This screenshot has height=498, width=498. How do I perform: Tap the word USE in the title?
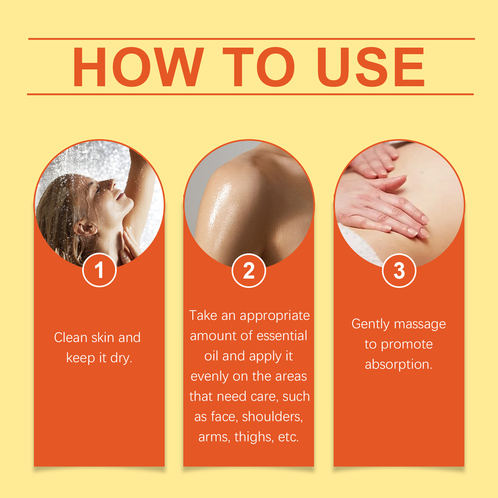pyautogui.click(x=371, y=67)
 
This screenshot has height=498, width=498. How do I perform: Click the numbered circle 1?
pyautogui.click(x=99, y=270)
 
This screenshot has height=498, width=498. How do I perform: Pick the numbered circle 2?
pyautogui.click(x=249, y=270)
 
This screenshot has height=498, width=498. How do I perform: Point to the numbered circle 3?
pyautogui.click(x=399, y=270)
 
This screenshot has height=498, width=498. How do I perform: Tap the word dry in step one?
pyautogui.click(x=121, y=358)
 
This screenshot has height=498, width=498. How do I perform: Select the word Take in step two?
pyautogui.click(x=203, y=315)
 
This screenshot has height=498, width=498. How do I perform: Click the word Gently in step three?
pyautogui.click(x=370, y=324)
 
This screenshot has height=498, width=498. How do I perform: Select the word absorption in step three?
pyautogui.click(x=399, y=364)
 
